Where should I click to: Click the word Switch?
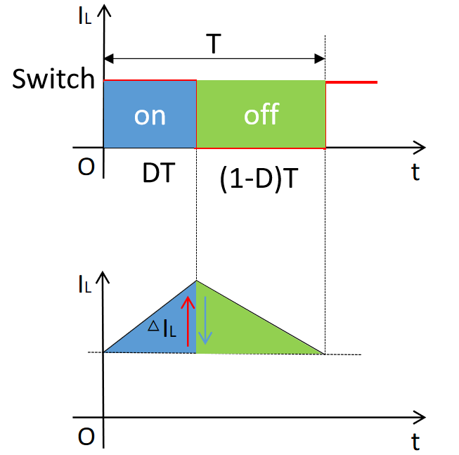coord(53,79)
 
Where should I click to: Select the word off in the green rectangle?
coord(261,114)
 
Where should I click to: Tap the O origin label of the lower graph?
coord(86,437)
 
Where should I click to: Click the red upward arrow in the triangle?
coord(188,321)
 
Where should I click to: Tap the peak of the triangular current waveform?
coord(196,281)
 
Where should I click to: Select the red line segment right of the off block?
coord(351,82)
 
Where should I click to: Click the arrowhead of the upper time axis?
coord(420,148)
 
